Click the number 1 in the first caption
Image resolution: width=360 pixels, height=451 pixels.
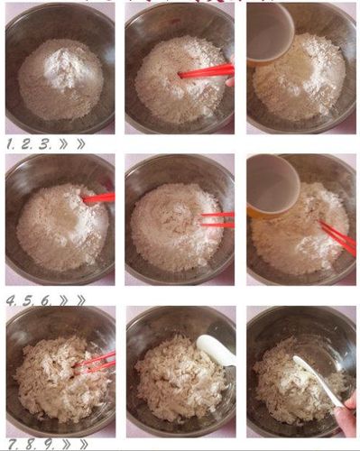click(x=10, y=143)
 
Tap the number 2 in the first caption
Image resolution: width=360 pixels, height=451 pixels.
click(x=25, y=143)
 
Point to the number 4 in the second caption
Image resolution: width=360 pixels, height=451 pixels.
click(x=10, y=299)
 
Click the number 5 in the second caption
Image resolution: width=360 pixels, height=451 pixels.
click(x=25, y=299)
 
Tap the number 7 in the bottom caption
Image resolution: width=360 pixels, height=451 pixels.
click(x=8, y=444)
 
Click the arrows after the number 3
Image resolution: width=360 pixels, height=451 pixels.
click(x=71, y=143)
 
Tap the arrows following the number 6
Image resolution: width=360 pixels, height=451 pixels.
click(x=71, y=299)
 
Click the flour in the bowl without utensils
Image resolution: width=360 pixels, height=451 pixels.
click(x=60, y=78)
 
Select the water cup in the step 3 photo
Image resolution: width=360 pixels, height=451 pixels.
click(x=270, y=32)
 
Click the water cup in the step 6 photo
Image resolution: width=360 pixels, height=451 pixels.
click(x=272, y=186)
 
